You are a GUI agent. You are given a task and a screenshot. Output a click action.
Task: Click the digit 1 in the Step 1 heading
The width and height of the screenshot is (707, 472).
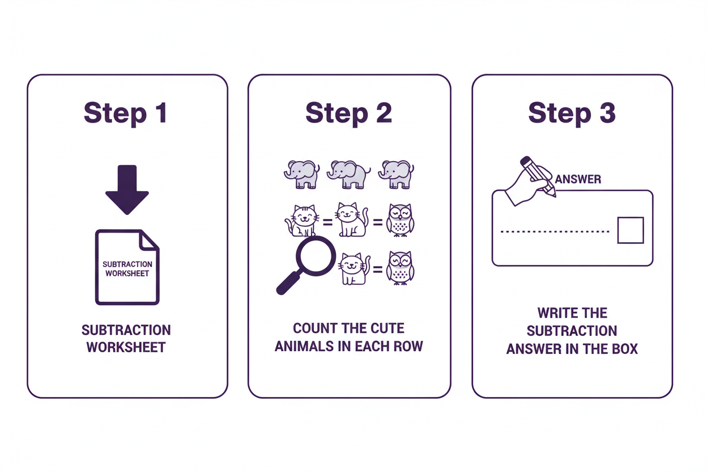tap(161, 112)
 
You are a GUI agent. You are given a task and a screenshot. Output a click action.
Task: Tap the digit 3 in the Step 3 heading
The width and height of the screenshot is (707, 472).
tap(607, 112)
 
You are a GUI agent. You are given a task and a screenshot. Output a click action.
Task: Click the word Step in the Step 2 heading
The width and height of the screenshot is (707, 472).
tap(337, 114)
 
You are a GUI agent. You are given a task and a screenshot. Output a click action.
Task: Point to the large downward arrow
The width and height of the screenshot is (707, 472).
tap(127, 189)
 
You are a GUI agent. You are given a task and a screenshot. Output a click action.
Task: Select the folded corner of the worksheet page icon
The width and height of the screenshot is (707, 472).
tap(149, 241)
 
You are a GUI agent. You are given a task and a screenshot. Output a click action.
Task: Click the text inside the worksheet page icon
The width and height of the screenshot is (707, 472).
tap(127, 269)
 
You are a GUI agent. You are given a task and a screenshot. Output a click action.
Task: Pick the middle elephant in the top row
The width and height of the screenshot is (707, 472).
tap(348, 175)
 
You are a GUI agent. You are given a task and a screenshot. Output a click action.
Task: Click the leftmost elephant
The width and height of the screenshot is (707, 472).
tap(302, 175)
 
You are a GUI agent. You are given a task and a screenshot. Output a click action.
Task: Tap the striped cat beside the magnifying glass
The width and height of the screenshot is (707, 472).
tap(301, 220)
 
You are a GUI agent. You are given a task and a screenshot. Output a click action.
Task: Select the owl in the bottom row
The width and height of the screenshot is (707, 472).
tap(400, 268)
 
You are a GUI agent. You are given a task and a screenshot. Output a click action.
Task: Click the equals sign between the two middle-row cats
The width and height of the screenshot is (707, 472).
tap(327, 222)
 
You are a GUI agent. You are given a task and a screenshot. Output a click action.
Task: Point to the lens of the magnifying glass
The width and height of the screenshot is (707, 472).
tap(316, 256)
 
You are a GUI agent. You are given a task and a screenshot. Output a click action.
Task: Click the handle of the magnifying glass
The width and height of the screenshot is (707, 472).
tap(288, 283)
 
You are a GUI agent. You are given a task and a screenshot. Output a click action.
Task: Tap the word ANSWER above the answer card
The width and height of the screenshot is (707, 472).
tap(578, 179)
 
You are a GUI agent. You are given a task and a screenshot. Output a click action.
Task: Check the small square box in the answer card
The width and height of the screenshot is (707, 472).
tap(631, 230)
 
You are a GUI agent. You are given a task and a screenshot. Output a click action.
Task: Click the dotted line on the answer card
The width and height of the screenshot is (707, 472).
tap(555, 231)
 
